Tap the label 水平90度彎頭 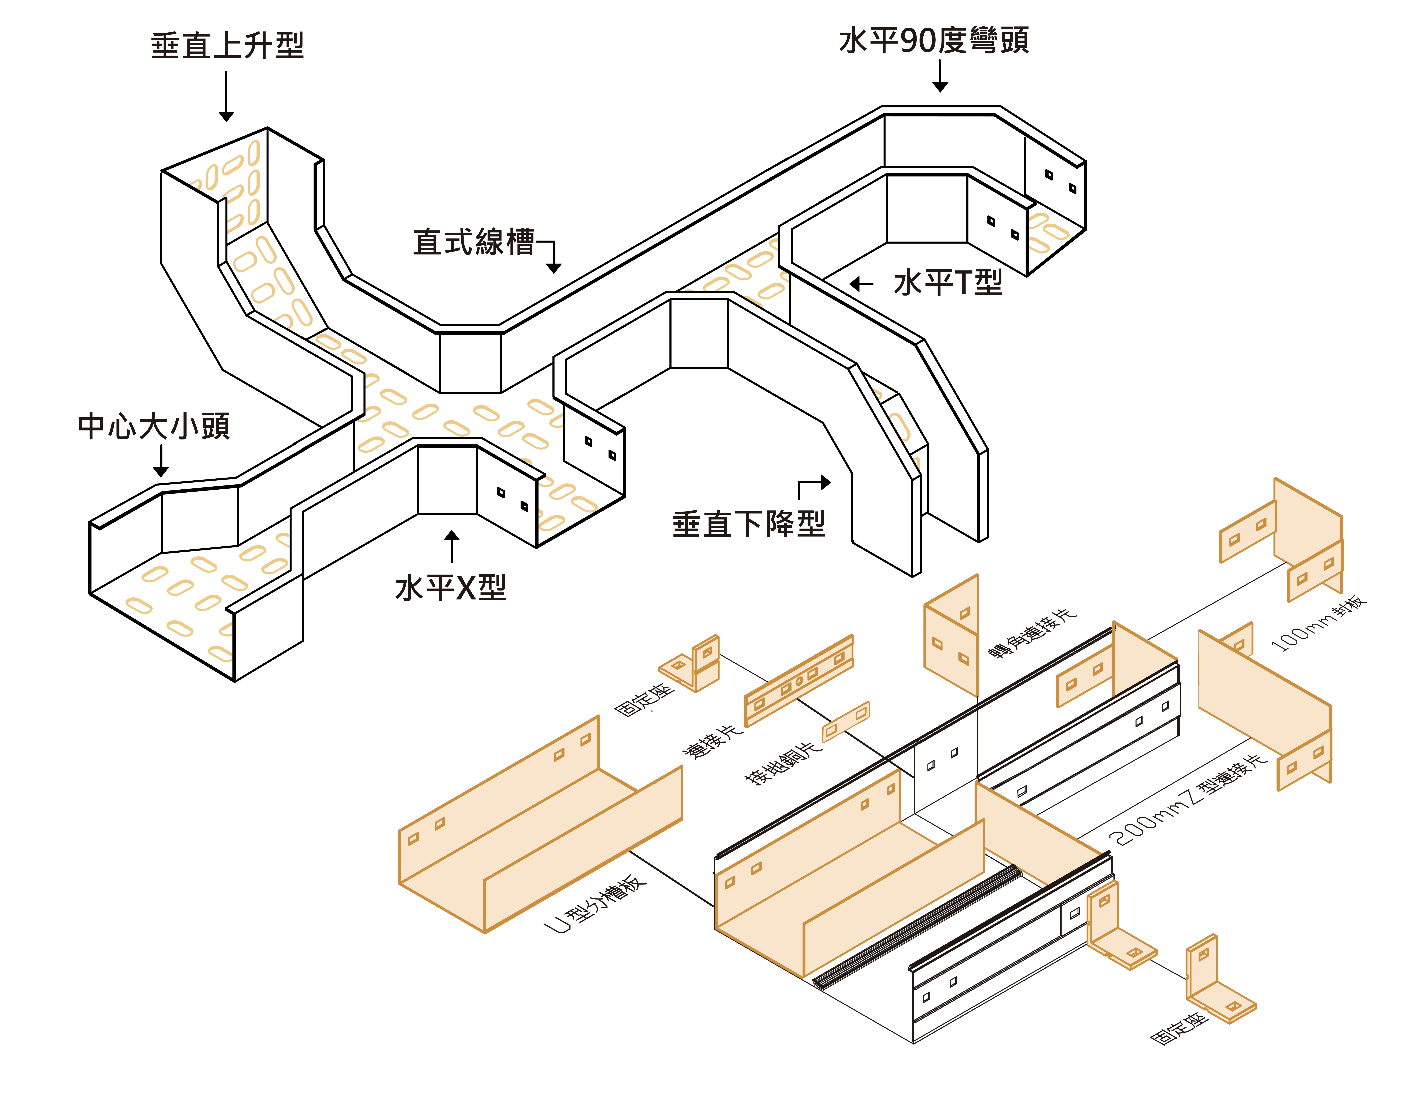point(934,40)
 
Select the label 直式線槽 point(474,242)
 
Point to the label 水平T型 point(948,283)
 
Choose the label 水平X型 point(451,588)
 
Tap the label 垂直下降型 point(749,524)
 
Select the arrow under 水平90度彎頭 point(940,76)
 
